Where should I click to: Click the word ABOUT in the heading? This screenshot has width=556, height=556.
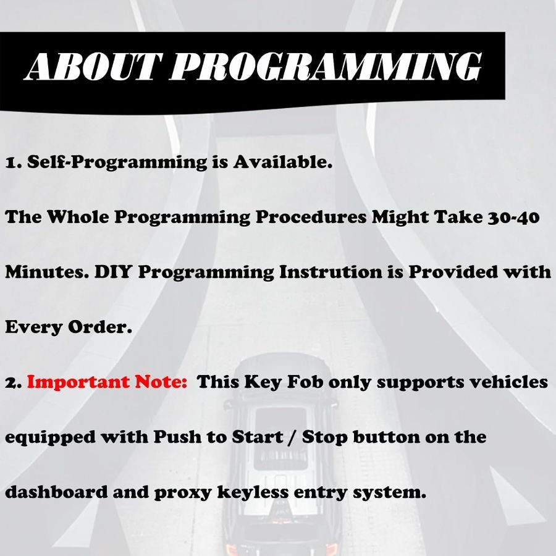pyautogui.click(x=90, y=67)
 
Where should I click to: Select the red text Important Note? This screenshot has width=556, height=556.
pyautogui.click(x=107, y=382)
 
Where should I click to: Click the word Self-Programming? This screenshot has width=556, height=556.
pyautogui.click(x=117, y=162)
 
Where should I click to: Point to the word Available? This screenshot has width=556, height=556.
pyautogui.click(x=282, y=162)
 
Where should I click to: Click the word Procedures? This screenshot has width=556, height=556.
pyautogui.click(x=311, y=217)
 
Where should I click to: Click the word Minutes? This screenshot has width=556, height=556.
pyautogui.click(x=47, y=272)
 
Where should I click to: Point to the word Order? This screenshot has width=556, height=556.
pyautogui.click(x=100, y=327)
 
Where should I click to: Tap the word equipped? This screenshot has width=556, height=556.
pyautogui.click(x=51, y=437)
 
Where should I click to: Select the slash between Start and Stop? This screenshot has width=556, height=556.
pyautogui.click(x=293, y=437)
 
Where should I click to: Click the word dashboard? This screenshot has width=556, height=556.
pyautogui.click(x=56, y=492)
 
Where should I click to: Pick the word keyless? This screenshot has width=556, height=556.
pyautogui.click(x=253, y=492)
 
